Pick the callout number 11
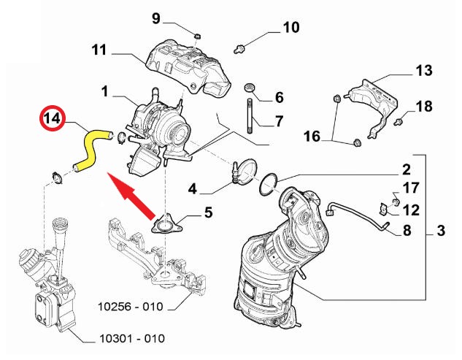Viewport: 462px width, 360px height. tap(99, 50)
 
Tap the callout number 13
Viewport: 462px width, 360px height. tap(424, 70)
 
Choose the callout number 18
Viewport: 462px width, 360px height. tap(424, 107)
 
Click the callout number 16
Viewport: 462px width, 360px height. tap(312, 136)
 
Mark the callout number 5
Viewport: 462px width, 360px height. tap(208, 213)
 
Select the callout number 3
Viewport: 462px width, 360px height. tap(440, 232)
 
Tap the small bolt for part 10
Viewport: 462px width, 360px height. tap(239, 48)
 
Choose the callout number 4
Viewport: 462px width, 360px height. tap(192, 189)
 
